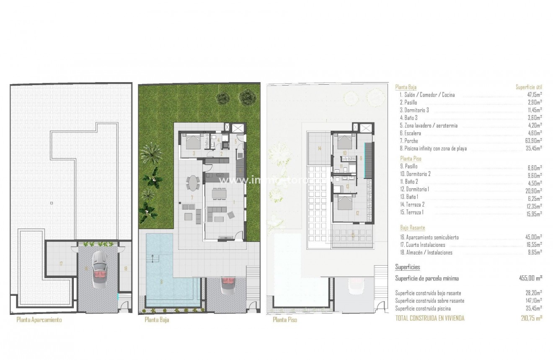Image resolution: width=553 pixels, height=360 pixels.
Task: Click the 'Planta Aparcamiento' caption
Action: click(x=39, y=320)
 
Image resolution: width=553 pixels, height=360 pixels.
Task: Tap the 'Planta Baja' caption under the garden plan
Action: click(x=157, y=320)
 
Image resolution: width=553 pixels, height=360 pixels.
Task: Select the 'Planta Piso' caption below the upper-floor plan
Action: click(x=285, y=320)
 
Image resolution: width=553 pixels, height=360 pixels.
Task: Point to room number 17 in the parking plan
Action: click(x=61, y=264)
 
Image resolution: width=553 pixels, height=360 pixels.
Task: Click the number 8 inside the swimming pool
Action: click(x=161, y=282)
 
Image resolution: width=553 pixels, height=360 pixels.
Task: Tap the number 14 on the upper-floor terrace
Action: click(x=319, y=148)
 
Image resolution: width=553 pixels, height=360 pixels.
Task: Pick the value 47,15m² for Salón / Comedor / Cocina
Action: click(x=534, y=95)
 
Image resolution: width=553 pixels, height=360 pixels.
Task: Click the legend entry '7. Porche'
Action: click(x=409, y=141)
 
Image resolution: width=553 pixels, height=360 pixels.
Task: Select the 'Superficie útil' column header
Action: click(x=529, y=87)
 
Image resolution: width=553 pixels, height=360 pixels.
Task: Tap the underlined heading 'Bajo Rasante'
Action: click(x=413, y=228)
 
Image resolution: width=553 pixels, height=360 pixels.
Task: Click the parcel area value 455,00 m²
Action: click(x=530, y=278)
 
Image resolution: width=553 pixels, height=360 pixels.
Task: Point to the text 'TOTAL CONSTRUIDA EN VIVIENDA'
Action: click(x=430, y=318)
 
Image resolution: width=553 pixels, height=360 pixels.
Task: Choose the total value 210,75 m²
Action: click(x=531, y=318)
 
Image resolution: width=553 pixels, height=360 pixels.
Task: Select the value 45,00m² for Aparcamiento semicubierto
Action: click(x=534, y=238)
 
